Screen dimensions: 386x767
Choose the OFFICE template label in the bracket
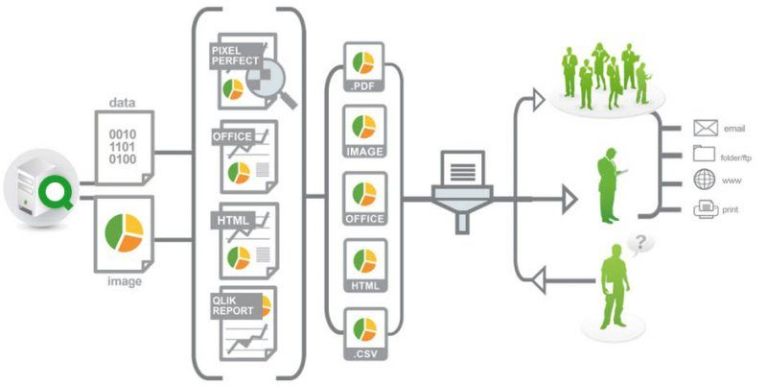pyautogui.click(x=232, y=137)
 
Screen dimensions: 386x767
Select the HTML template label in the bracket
pyautogui.click(x=231, y=221)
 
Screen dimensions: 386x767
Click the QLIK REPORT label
pyautogui.click(x=234, y=305)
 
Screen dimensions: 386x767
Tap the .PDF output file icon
pyautogui.click(x=364, y=67)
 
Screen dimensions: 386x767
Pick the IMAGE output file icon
pyautogui.click(x=364, y=132)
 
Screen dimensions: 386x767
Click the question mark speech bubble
pyautogui.click(x=639, y=243)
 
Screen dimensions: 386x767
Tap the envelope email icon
pyautogui.click(x=705, y=127)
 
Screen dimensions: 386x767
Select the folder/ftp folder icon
pyautogui.click(x=705, y=154)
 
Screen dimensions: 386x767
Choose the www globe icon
pyautogui.click(x=705, y=180)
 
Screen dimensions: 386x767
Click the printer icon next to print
pyautogui.click(x=705, y=206)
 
